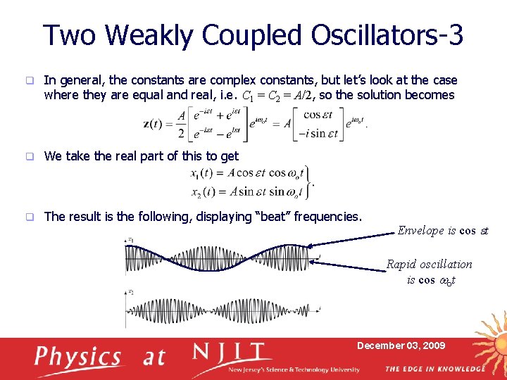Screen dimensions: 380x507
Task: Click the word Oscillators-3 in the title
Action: (380, 34)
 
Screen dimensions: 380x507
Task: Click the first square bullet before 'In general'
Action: (30, 81)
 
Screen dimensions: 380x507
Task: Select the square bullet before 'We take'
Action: (30, 156)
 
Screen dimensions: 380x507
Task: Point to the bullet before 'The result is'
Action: (30, 217)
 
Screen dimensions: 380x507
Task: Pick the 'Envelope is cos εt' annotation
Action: (442, 231)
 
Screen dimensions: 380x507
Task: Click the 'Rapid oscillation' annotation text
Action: (429, 264)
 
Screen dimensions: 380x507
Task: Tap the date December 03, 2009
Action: (401, 346)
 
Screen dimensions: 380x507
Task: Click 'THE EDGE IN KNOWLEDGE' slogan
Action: (434, 369)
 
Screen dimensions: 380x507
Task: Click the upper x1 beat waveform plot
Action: (222, 258)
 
